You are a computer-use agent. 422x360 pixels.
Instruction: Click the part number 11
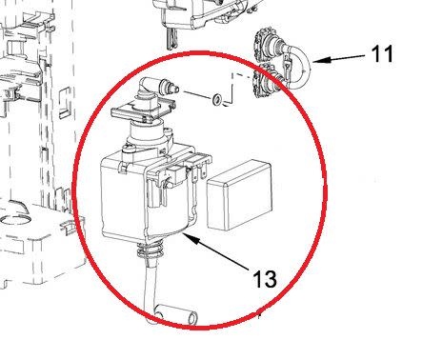[382, 53]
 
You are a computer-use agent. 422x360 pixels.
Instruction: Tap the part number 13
[265, 279]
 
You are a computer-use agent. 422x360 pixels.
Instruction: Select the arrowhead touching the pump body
[191, 239]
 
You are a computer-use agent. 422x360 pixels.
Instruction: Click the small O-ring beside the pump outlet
[217, 99]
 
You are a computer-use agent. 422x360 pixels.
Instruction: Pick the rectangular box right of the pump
[240, 194]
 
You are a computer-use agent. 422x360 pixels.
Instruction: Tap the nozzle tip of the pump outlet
[173, 88]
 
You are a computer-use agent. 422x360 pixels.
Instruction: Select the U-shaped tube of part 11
[297, 68]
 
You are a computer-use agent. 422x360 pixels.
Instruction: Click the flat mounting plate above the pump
[143, 110]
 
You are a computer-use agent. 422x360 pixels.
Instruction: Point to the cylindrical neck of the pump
[145, 133]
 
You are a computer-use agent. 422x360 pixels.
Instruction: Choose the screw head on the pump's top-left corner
[128, 148]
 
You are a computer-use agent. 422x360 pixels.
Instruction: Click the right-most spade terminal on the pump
[204, 170]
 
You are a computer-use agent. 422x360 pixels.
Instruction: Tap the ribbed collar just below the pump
[151, 250]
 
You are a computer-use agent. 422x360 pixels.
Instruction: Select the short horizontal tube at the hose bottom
[176, 315]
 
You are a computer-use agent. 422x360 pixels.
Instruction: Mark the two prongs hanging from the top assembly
[171, 39]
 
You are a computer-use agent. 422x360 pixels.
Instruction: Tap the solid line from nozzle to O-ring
[197, 95]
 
